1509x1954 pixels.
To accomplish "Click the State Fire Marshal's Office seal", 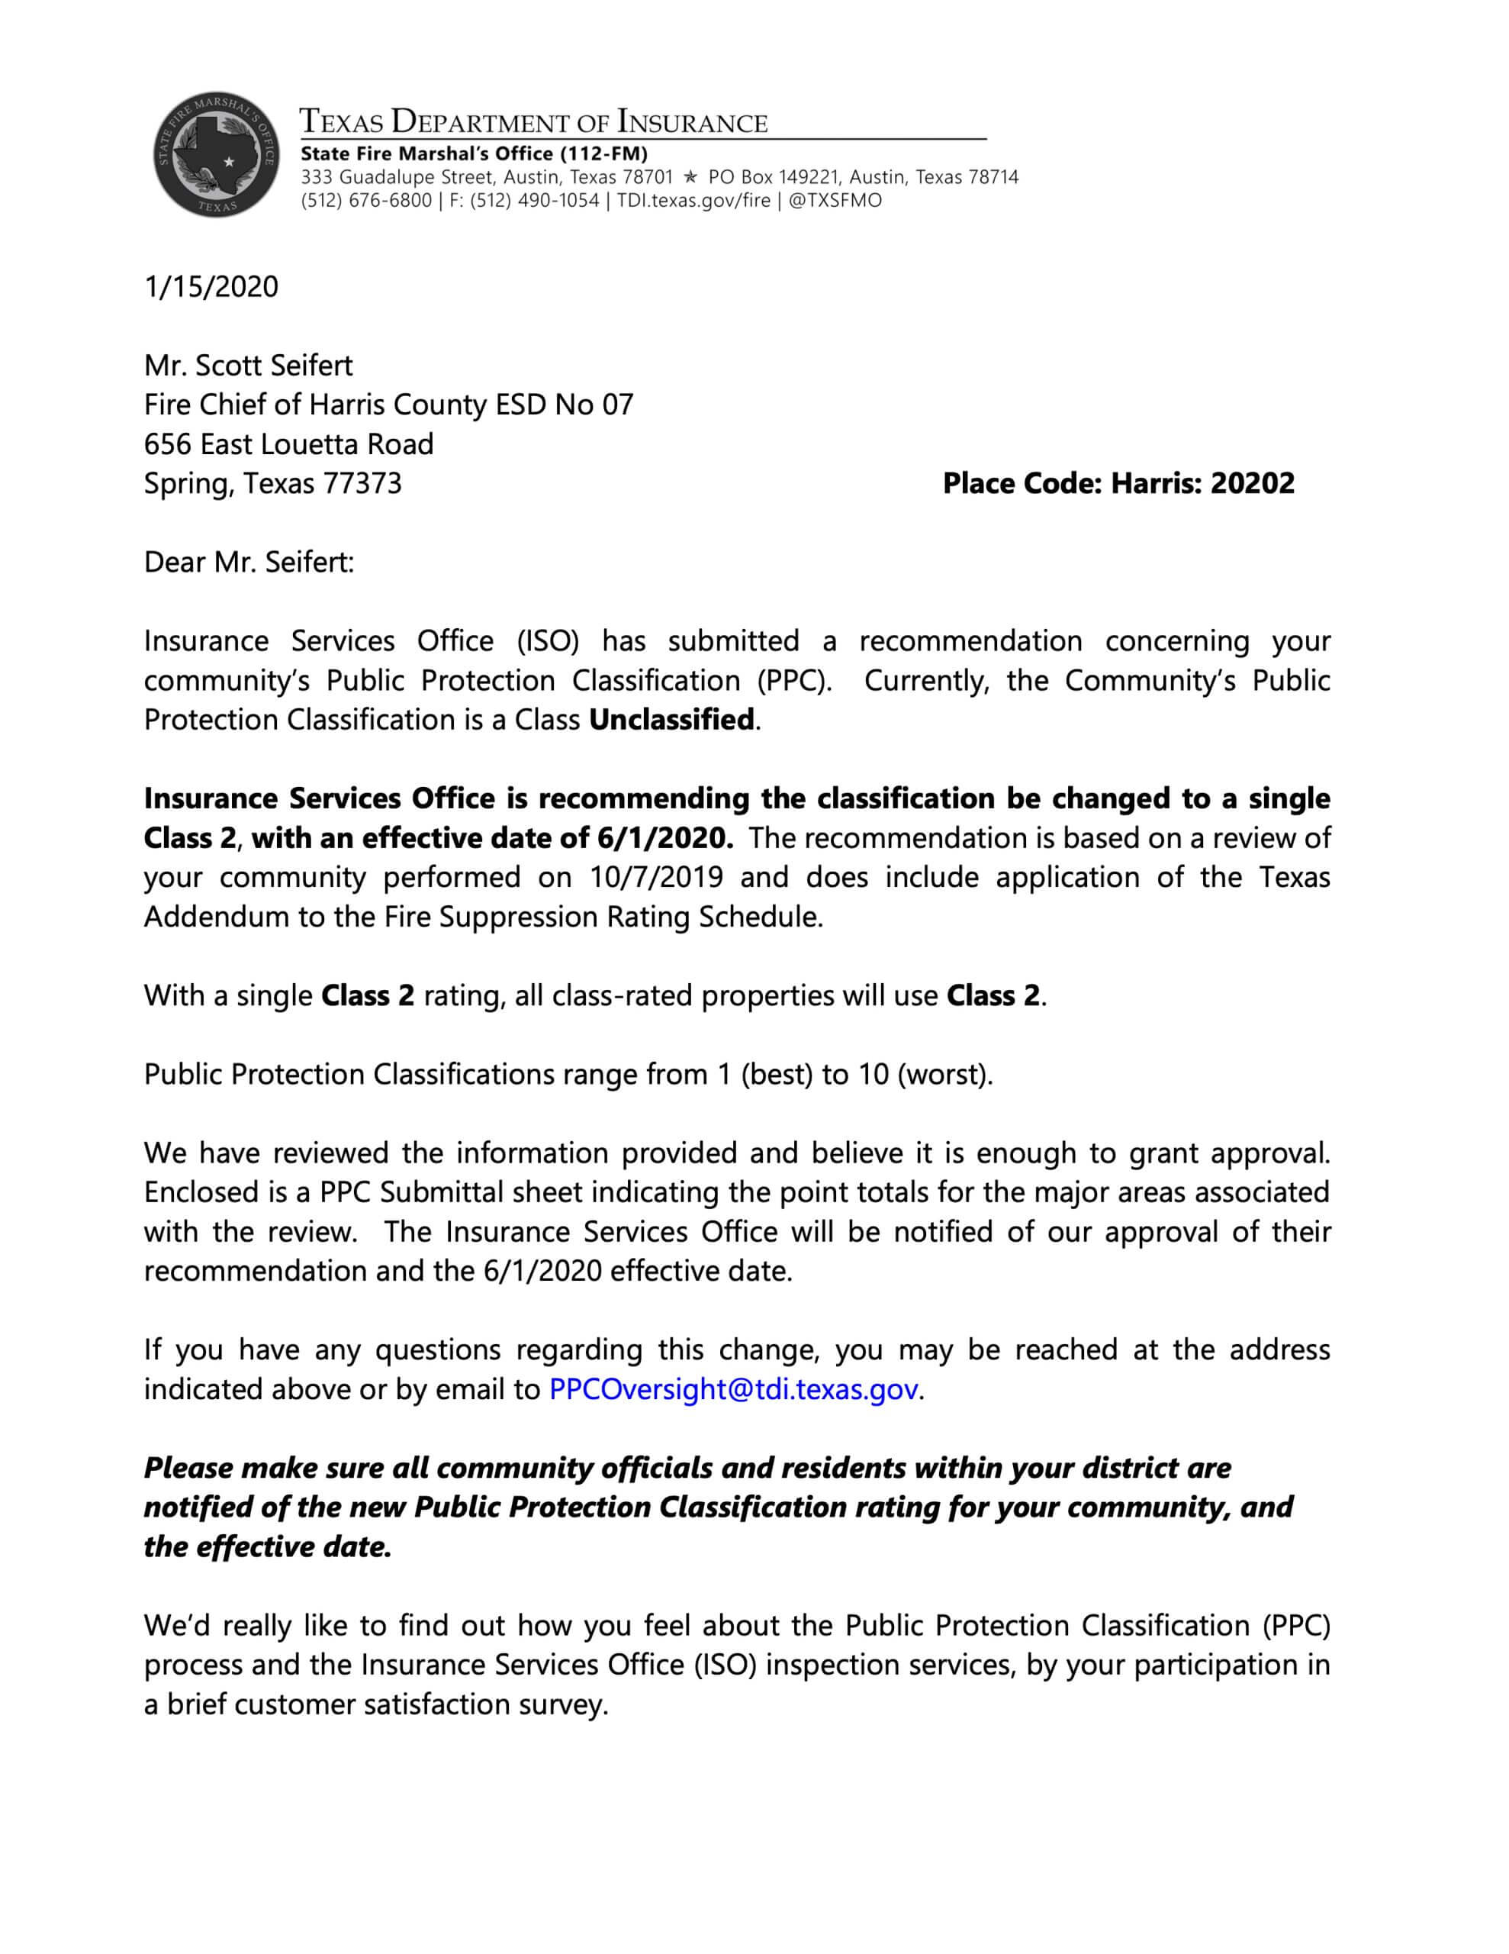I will click(x=214, y=154).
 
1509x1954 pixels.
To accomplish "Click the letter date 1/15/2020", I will click(x=211, y=287).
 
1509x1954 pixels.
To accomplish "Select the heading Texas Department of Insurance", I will click(x=533, y=121).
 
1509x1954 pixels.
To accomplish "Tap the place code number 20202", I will click(x=1251, y=483).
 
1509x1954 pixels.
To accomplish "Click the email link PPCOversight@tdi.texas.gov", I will click(x=733, y=1388).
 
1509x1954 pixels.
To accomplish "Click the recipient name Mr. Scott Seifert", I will click(x=249, y=365).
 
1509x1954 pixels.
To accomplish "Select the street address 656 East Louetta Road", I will click(x=289, y=443).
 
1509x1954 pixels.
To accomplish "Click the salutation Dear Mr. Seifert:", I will click(x=249, y=562).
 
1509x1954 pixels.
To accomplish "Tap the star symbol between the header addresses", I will click(x=690, y=177).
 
